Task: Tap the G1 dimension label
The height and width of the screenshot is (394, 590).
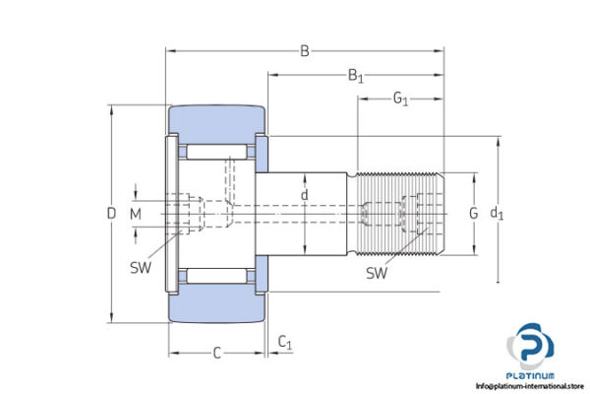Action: point(401,99)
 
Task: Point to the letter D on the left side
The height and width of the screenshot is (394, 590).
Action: point(111,213)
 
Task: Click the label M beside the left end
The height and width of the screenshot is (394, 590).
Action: point(136,213)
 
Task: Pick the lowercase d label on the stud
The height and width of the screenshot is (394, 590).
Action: point(305,196)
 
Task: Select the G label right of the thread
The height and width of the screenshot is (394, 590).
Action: point(473,213)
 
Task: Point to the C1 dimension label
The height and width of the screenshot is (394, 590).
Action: point(284,342)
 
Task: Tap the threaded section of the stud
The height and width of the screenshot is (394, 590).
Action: point(398,213)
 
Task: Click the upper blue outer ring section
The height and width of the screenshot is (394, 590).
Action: point(218,120)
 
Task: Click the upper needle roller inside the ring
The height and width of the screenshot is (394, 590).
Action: point(218,154)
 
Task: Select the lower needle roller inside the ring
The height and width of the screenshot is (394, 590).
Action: point(218,272)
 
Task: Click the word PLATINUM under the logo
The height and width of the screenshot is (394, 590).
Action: point(532,375)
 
